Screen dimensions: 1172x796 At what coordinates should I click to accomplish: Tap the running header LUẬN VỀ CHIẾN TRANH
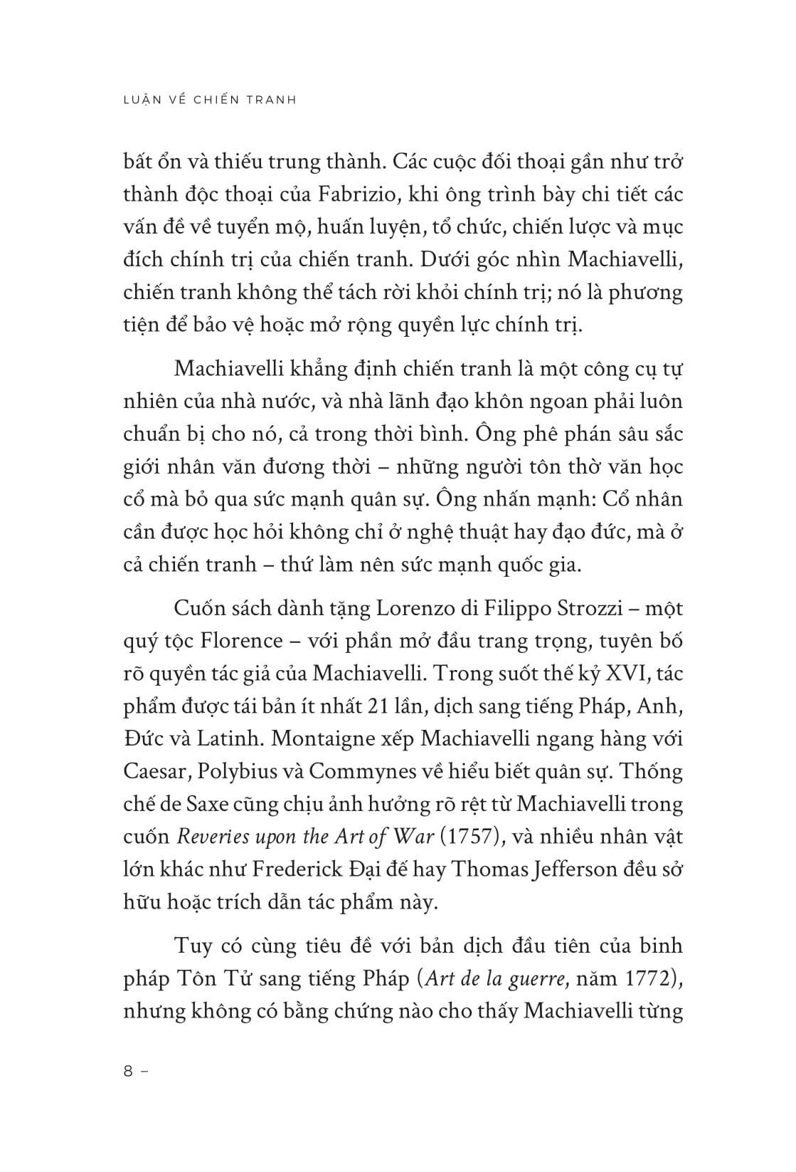click(x=210, y=100)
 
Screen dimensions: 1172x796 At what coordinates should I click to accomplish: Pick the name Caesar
click(x=154, y=771)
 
